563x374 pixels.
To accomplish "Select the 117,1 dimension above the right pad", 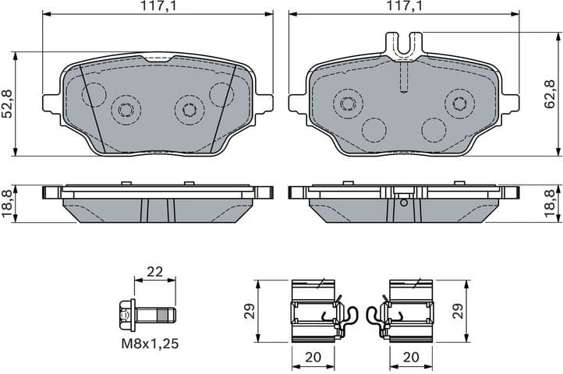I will (403, 6).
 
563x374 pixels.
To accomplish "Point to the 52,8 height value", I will (8, 103).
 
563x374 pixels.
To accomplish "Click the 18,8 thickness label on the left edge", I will (8, 204).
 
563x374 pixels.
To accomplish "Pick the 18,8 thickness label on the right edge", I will (554, 204).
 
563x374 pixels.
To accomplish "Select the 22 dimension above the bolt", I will (154, 272).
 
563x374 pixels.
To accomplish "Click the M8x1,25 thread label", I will (154, 342).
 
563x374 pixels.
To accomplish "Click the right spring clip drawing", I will (405, 310).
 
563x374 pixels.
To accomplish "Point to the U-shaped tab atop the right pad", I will (403, 44).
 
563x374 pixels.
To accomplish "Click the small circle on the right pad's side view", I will (403, 203).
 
